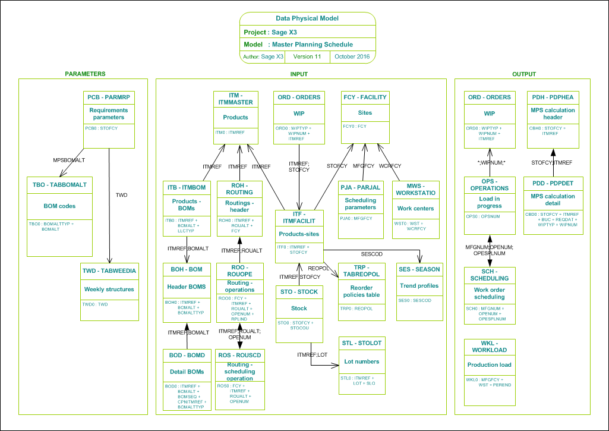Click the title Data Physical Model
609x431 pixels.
(x=307, y=18)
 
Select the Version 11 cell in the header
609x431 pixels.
(x=307, y=56)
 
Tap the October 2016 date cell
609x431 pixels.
(x=352, y=56)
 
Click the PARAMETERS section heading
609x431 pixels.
(x=85, y=74)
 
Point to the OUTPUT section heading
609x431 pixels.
(x=523, y=74)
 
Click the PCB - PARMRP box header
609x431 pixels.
(x=109, y=97)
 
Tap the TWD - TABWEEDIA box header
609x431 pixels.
(x=109, y=270)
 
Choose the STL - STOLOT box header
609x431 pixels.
(x=361, y=343)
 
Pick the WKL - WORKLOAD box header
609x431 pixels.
(x=489, y=346)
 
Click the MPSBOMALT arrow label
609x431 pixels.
(x=70, y=160)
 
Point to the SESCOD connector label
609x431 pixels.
(x=372, y=254)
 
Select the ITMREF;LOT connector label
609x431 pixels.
(x=312, y=355)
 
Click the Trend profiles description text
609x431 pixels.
(x=419, y=285)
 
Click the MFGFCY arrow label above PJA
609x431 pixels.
(x=363, y=166)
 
